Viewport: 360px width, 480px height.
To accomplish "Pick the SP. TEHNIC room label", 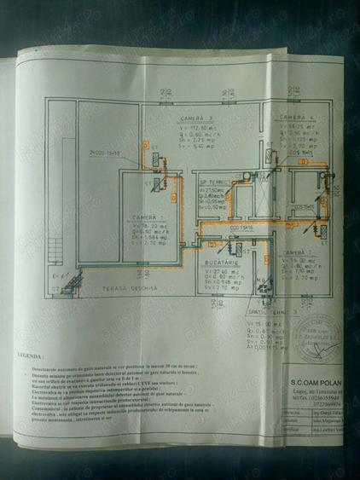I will (x=212, y=182).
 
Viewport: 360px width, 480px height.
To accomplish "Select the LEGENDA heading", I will (x=31, y=352).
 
